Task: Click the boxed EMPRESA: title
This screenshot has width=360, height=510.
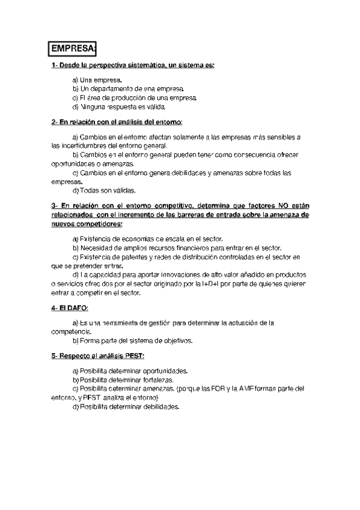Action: click(73, 48)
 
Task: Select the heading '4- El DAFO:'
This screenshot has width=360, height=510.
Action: click(70, 308)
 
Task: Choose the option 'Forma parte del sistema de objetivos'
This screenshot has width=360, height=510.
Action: click(132, 340)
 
